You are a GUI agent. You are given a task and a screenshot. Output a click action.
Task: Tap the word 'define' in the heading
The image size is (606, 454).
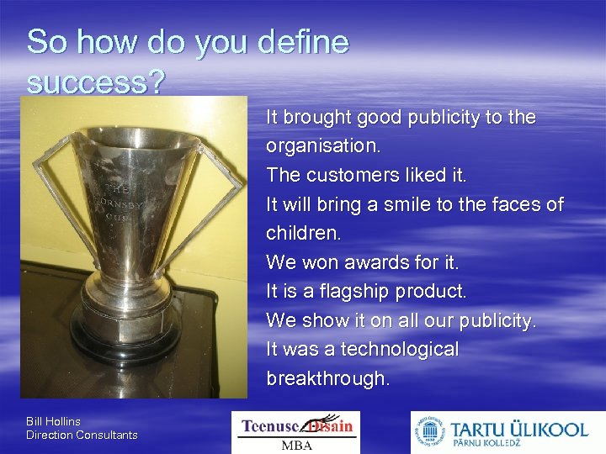point(301,42)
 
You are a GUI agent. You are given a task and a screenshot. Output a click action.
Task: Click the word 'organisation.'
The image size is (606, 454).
point(323,145)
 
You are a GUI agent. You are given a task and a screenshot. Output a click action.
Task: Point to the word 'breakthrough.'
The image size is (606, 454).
point(328,378)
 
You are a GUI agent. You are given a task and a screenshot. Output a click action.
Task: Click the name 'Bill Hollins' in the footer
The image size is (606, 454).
point(53,421)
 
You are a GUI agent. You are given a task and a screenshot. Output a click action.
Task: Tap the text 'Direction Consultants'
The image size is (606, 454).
point(82,435)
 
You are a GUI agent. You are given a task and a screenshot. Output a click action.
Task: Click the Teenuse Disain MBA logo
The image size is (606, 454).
point(295,432)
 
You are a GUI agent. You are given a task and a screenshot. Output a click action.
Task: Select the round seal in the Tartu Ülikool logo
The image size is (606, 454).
point(430,433)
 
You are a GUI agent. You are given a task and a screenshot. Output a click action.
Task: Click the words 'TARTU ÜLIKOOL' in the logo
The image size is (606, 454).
point(518,428)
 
